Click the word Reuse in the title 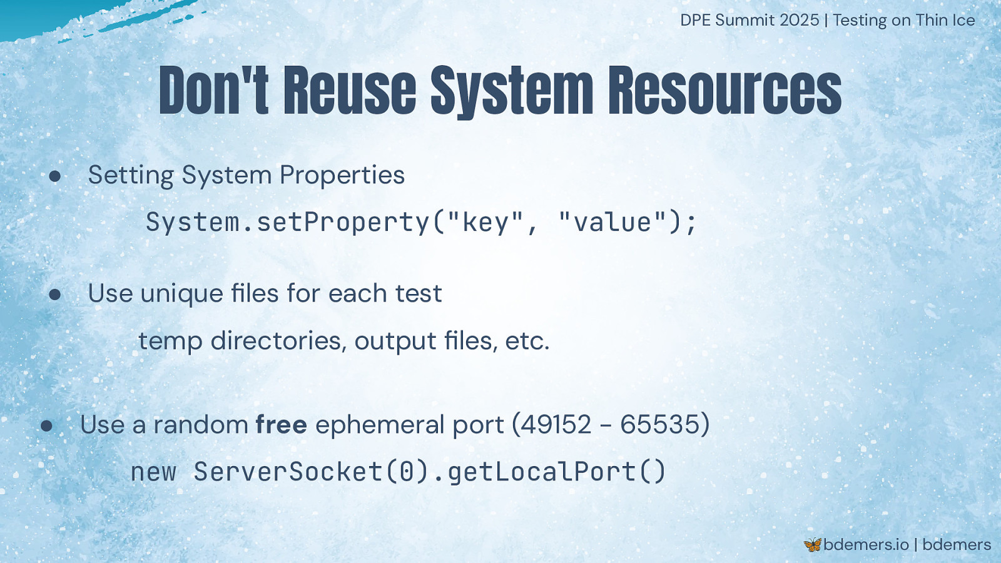pyautogui.click(x=350, y=90)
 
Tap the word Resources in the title pyautogui.click(x=725, y=90)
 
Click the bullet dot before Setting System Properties pyautogui.click(x=55, y=176)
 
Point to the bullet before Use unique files pyautogui.click(x=55, y=295)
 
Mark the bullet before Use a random pyautogui.click(x=46, y=426)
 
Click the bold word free pyautogui.click(x=281, y=424)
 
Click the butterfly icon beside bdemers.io pyautogui.click(x=813, y=545)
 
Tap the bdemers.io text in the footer pyautogui.click(x=866, y=545)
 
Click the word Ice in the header pyautogui.click(x=962, y=20)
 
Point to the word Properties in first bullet pyautogui.click(x=342, y=175)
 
